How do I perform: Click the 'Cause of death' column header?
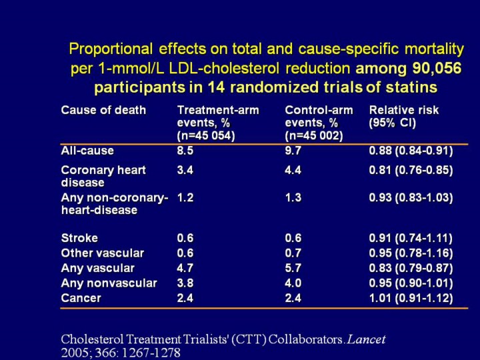click(103, 110)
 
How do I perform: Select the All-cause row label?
click(87, 151)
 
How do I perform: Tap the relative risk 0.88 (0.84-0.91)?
click(411, 151)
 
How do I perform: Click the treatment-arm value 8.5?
click(185, 151)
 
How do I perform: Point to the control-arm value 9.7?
click(293, 151)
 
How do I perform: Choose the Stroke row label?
click(79, 238)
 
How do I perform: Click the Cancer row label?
click(81, 298)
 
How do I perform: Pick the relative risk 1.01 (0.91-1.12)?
click(411, 298)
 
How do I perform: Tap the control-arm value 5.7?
click(293, 268)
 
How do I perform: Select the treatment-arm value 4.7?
click(185, 268)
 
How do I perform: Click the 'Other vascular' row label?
click(102, 253)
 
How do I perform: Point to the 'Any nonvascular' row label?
click(109, 283)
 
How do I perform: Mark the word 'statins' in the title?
click(410, 87)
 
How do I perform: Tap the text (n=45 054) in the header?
click(206, 136)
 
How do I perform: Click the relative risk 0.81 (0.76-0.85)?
click(411, 171)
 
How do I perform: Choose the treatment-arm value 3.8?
click(185, 283)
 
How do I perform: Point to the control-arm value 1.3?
click(293, 198)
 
